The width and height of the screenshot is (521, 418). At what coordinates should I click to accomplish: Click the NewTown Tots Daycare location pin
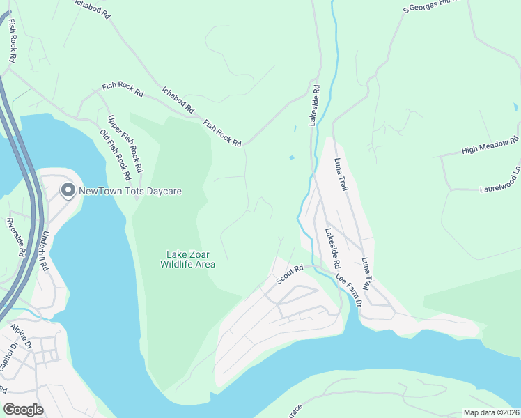click(68, 190)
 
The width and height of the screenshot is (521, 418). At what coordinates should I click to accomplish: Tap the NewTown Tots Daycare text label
click(130, 191)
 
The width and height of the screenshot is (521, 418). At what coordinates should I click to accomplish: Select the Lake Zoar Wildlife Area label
click(187, 259)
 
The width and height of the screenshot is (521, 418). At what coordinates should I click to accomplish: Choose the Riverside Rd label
click(15, 238)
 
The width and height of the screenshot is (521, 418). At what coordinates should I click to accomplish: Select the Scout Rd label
click(290, 272)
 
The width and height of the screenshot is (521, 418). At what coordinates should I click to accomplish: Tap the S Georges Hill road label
click(432, 6)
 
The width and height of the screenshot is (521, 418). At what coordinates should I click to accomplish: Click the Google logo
click(23, 409)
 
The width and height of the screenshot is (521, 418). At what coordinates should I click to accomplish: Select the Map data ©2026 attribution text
click(490, 412)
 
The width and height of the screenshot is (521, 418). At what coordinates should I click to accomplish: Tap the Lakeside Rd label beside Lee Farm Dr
click(330, 251)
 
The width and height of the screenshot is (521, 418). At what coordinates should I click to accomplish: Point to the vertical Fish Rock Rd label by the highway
click(12, 41)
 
